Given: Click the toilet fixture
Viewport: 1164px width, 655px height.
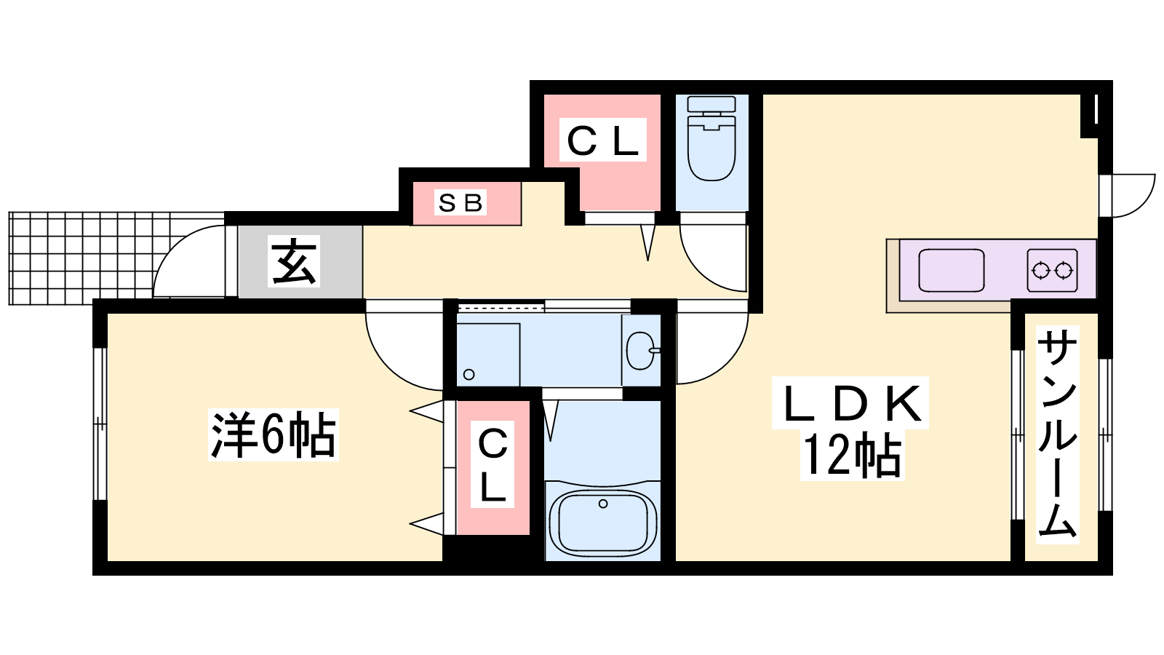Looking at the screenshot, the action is tap(711, 138).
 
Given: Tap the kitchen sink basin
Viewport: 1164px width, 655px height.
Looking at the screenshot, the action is tap(951, 270).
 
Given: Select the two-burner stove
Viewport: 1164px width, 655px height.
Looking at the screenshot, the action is tap(1052, 270).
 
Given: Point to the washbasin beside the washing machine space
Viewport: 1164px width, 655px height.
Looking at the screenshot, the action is tap(641, 350).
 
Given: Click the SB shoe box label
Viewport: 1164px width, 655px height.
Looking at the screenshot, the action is tap(461, 202).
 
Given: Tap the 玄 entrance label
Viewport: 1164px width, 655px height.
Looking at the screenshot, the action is tap(294, 261).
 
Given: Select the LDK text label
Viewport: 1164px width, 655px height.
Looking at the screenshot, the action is tap(850, 403).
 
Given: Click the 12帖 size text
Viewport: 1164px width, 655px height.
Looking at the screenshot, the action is tap(852, 456).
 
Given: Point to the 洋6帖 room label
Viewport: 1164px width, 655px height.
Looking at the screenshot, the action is tap(274, 434).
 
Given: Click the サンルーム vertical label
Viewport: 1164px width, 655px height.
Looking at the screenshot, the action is tap(1058, 434).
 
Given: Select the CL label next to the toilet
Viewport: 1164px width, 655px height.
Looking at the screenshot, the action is tap(603, 140).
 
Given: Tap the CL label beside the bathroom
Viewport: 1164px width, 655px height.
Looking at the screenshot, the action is tap(492, 464).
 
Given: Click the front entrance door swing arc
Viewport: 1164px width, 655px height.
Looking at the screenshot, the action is tap(189, 261).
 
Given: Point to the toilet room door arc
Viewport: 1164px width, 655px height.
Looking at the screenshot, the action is tap(714, 258).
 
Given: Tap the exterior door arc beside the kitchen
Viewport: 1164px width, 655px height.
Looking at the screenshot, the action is tap(1127, 196).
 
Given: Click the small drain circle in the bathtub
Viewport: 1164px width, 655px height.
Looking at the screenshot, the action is tap(603, 504).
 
